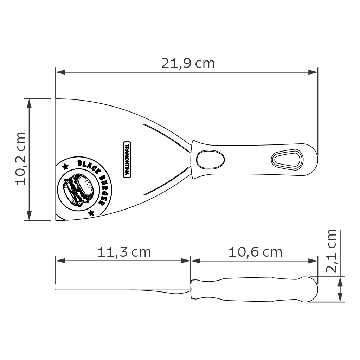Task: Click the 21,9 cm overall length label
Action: [x=188, y=63]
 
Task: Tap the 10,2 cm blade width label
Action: [x=20, y=159]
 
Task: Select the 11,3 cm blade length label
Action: [x=124, y=252]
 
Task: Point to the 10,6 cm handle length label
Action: [x=255, y=252]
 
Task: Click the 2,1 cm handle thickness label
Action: [x=331, y=251]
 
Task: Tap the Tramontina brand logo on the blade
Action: [x=127, y=160]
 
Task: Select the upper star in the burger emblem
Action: [x=65, y=166]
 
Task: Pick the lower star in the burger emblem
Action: [x=91, y=213]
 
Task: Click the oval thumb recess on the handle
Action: [x=210, y=159]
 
